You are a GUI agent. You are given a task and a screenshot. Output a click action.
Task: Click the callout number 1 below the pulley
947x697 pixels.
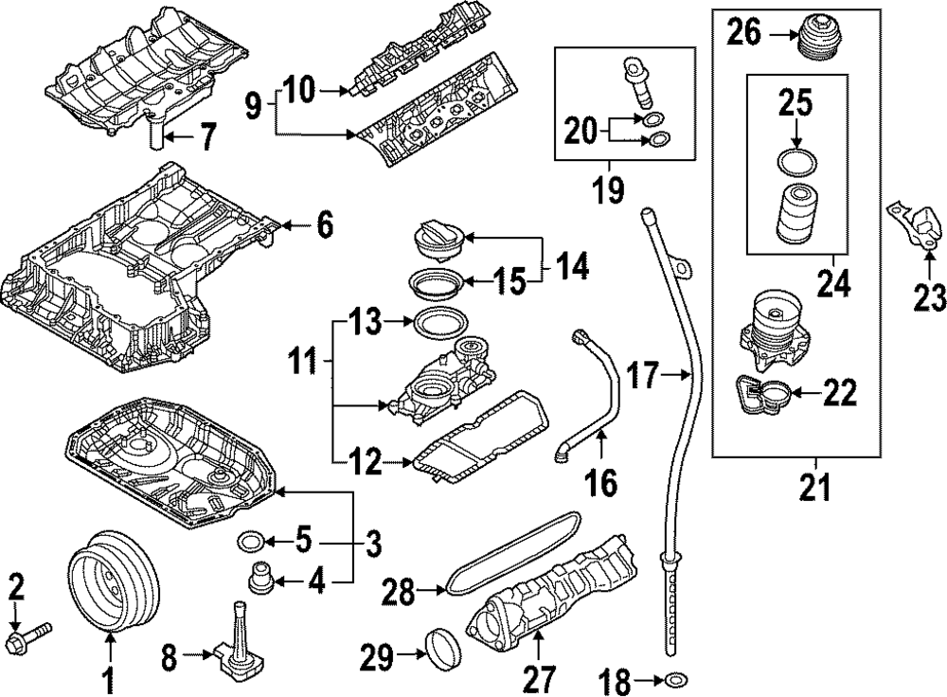coord(109,678)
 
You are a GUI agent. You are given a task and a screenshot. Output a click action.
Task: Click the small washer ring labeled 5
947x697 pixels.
coord(252,542)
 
